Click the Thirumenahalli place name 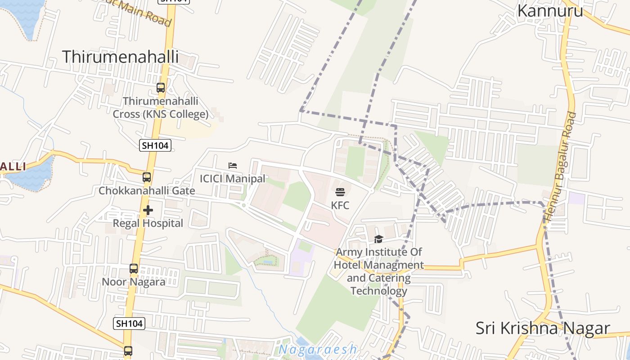point(120,57)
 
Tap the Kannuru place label point(550,10)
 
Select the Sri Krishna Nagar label point(543,328)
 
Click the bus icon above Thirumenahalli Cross point(161,88)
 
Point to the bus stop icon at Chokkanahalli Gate point(147,177)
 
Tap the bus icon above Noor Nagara point(134,269)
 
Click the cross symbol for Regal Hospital point(148,210)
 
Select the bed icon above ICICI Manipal point(233,166)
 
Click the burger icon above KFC point(340,192)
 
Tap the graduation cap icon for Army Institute point(378,239)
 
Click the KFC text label point(340,206)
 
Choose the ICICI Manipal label point(233,179)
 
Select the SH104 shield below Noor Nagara point(130,323)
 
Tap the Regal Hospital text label point(148,223)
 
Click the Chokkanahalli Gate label point(147,191)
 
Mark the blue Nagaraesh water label point(318,350)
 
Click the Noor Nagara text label point(134,282)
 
